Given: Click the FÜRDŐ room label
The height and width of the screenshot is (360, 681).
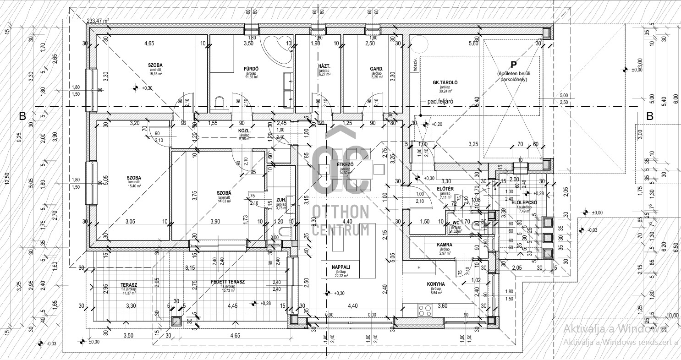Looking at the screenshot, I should (252, 69).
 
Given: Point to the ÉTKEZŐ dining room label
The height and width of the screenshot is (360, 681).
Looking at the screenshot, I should (344, 164).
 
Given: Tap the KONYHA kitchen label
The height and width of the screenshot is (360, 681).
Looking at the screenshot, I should (435, 284).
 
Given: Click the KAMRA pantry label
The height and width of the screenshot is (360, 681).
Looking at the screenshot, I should (445, 245).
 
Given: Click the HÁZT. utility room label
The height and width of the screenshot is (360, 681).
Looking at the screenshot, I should (324, 66).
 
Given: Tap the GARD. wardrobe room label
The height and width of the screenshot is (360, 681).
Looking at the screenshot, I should (377, 69).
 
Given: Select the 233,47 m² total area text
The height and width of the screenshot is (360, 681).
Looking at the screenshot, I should (98, 21).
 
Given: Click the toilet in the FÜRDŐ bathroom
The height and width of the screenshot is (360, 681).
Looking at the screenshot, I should (219, 103).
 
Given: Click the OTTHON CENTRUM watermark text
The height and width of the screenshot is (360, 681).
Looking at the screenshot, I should (340, 220).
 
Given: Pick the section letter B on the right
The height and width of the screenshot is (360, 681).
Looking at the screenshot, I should (649, 116).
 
